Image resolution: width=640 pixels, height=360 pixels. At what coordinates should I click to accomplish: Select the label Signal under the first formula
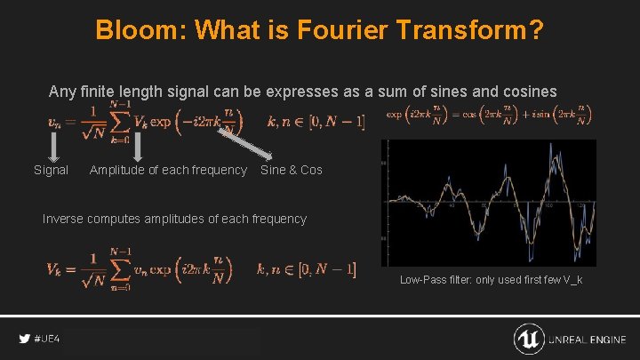click(x=51, y=170)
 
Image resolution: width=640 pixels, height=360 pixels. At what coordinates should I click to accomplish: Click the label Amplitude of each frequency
click(x=168, y=170)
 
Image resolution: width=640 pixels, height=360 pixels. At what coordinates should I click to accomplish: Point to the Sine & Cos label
click(x=291, y=170)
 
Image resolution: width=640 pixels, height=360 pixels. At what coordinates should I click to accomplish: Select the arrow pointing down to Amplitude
click(x=138, y=147)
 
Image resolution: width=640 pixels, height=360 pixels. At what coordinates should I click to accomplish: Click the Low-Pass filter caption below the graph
click(x=491, y=280)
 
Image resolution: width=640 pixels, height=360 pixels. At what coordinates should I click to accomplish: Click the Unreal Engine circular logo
click(x=529, y=340)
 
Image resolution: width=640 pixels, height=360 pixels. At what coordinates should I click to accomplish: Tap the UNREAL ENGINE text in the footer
click(x=588, y=340)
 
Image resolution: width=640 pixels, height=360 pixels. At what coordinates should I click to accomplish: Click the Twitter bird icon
click(x=24, y=340)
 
